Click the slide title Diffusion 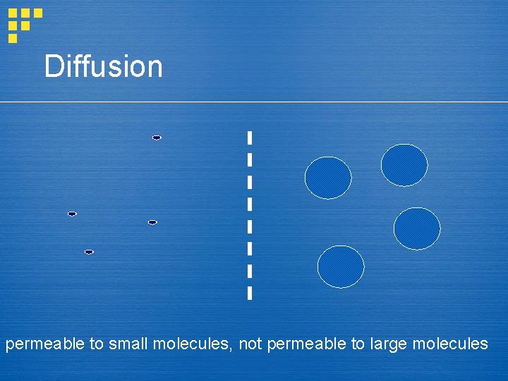click(x=103, y=67)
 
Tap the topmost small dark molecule click(x=157, y=138)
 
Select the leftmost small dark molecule click(x=72, y=214)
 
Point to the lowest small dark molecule click(x=89, y=252)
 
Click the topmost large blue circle click(x=404, y=165)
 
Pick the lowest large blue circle click(x=341, y=267)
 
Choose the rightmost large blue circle click(x=417, y=229)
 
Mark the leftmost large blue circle click(x=328, y=178)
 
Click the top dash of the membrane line click(x=250, y=138)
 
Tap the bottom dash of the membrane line click(x=250, y=292)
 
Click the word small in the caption click(x=128, y=344)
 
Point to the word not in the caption click(x=250, y=344)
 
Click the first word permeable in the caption click(x=44, y=344)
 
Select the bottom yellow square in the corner click(x=13, y=38)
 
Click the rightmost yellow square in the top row click(x=38, y=13)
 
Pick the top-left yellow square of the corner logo click(x=13, y=13)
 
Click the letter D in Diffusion click(x=53, y=67)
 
